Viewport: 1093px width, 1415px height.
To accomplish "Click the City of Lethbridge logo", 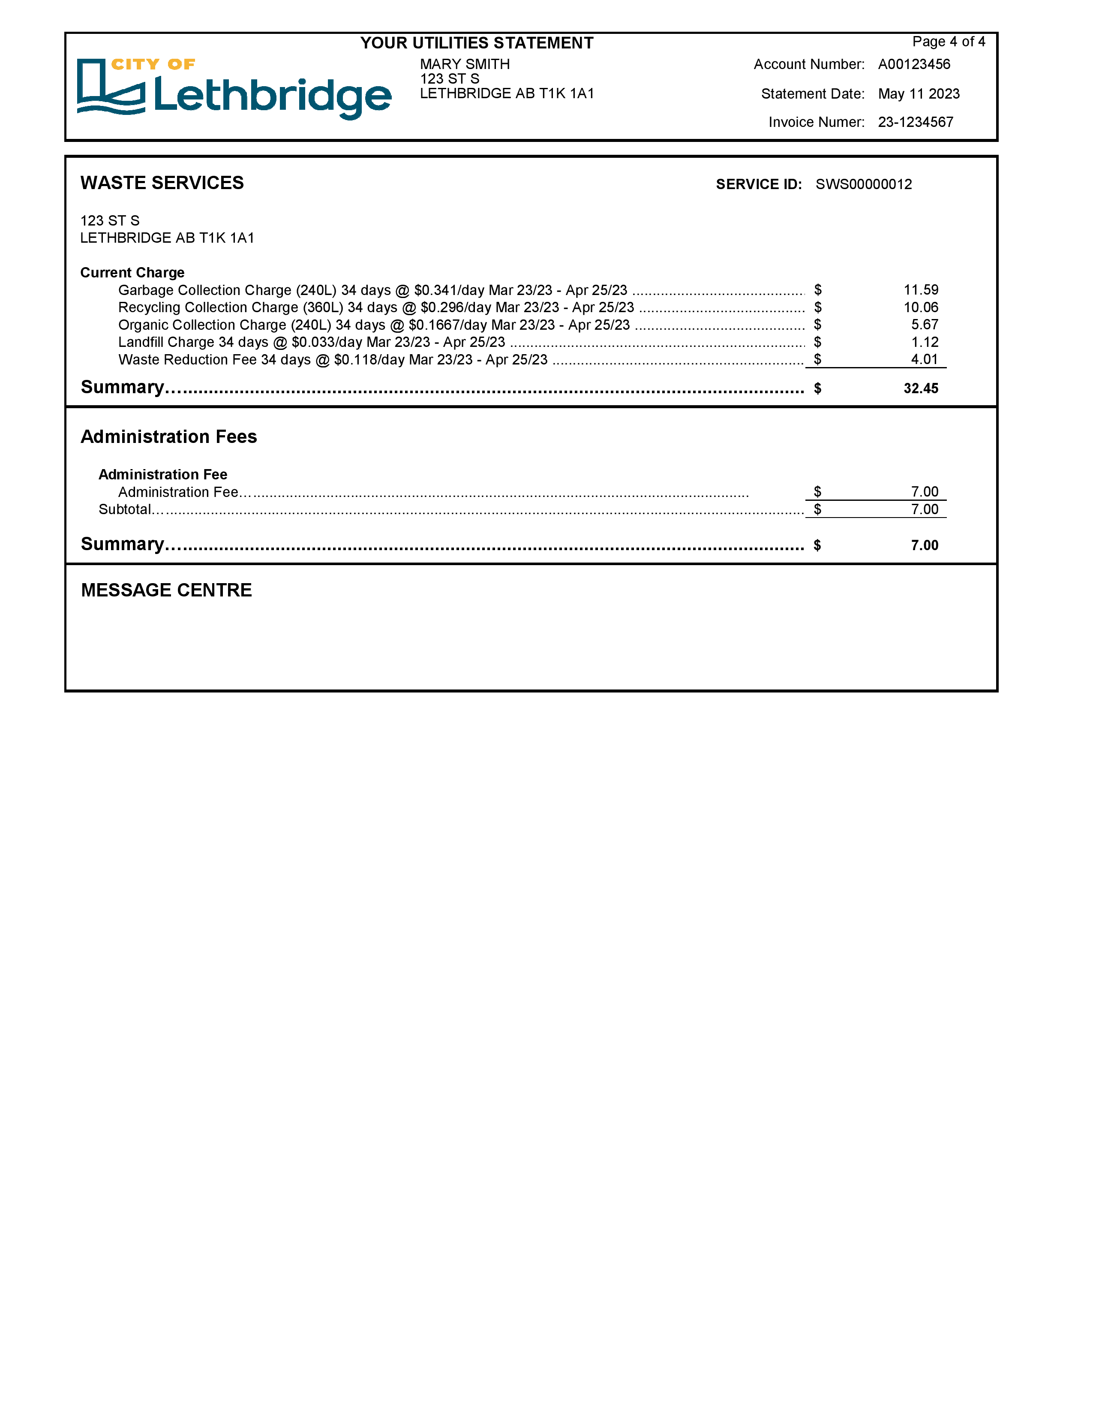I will click(234, 89).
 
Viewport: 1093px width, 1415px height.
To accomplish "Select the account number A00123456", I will click(914, 64).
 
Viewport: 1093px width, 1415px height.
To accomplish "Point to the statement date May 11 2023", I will click(918, 94).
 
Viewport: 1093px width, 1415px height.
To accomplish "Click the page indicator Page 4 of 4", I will click(948, 42).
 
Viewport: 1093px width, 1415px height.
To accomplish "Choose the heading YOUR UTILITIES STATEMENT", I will click(477, 43).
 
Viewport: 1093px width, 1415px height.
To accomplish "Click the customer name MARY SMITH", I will click(464, 64).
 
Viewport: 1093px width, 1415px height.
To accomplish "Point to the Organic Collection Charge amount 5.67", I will click(924, 325).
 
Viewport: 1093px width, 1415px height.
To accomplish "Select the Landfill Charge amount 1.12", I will click(924, 342).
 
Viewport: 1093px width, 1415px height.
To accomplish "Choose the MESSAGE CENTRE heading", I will click(166, 590).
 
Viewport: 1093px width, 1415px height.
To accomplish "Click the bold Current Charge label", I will click(132, 272).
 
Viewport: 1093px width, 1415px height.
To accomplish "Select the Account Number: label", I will click(809, 64).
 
